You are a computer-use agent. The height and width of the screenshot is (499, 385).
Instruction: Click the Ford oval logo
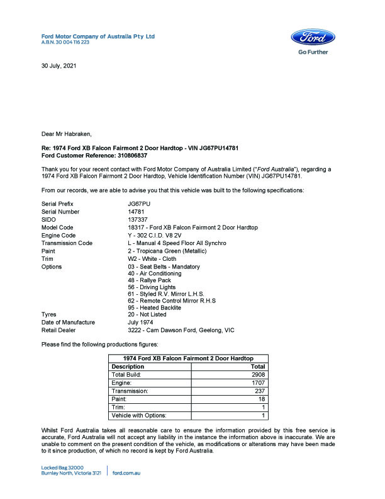(313, 37)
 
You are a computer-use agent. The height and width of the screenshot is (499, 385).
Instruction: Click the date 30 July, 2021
(59, 66)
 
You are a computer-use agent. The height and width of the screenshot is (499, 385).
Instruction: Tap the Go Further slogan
(313, 52)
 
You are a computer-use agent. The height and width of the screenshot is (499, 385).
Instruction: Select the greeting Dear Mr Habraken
(66, 134)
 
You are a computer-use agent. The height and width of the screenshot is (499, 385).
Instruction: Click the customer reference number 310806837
(132, 155)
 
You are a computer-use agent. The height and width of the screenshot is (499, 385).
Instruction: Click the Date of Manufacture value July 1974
(142, 322)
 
